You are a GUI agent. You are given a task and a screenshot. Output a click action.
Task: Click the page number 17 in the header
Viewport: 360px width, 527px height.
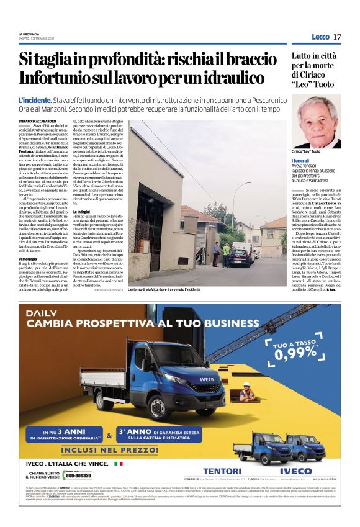336,37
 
